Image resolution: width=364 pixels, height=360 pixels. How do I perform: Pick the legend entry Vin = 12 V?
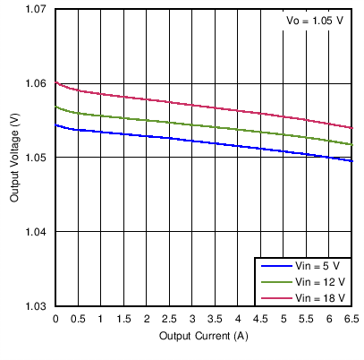[319, 282]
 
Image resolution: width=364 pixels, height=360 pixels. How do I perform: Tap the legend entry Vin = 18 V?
[319, 297]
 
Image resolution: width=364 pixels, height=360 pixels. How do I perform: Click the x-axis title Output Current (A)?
[204, 337]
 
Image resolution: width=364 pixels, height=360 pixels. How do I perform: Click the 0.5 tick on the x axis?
[79, 319]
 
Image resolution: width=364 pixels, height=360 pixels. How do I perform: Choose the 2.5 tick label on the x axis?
[170, 319]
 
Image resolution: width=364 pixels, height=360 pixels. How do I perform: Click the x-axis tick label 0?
[55, 319]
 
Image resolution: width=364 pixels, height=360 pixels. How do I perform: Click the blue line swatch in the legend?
[274, 266]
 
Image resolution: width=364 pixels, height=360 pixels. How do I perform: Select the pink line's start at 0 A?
[56, 82]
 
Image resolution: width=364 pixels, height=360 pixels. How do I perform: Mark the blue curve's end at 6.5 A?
[352, 161]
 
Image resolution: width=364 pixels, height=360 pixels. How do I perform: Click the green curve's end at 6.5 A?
[352, 144]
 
